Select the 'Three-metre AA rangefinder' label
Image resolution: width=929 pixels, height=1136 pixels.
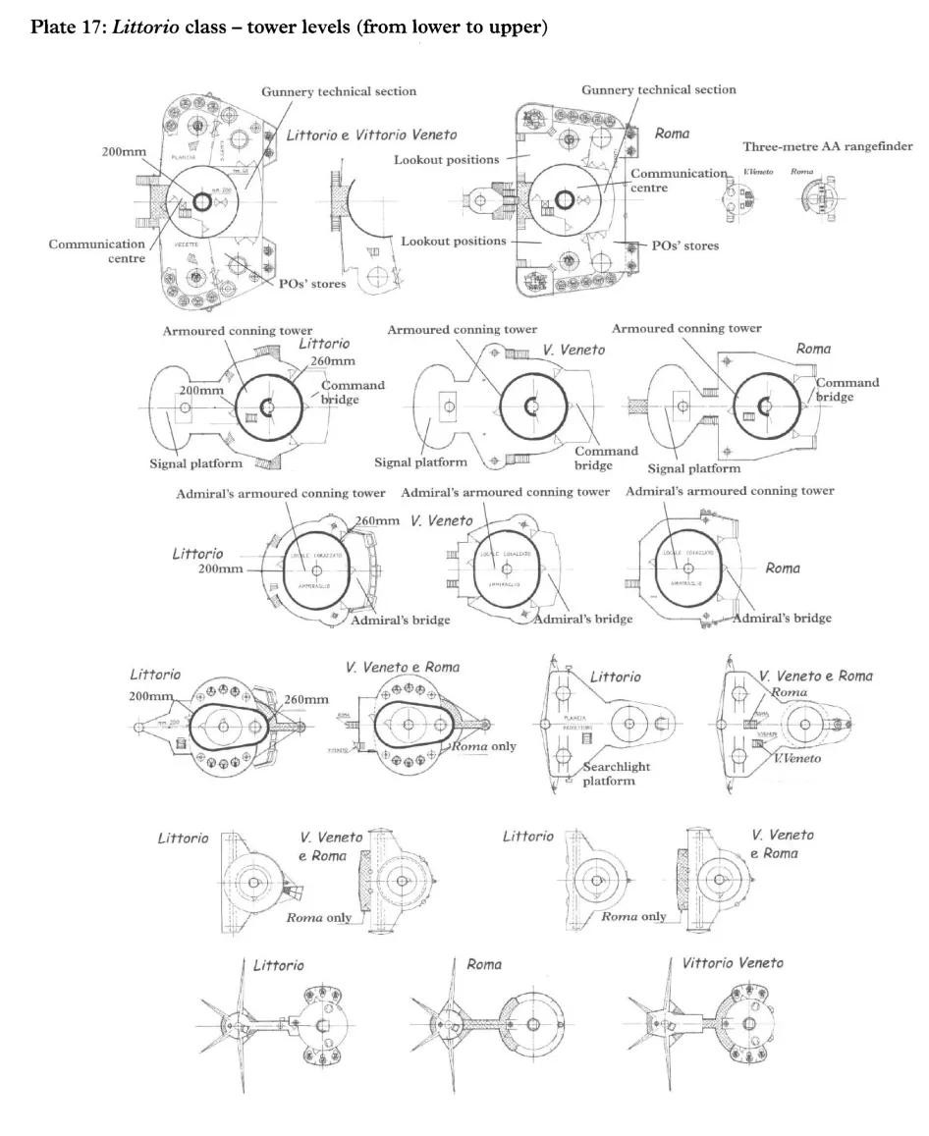click(827, 146)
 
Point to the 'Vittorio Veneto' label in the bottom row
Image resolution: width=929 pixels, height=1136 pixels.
click(733, 963)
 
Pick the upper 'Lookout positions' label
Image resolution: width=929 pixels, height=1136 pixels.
click(447, 159)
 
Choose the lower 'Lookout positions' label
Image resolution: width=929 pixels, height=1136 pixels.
click(454, 241)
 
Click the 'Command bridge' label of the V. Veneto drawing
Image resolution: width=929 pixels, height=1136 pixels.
click(592, 458)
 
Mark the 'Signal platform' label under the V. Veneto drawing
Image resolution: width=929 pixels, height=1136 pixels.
click(419, 461)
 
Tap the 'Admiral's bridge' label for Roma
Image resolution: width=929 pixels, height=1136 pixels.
click(783, 618)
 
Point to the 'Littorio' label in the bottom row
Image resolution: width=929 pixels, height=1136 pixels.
click(278, 965)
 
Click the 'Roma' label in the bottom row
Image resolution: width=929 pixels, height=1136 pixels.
click(483, 964)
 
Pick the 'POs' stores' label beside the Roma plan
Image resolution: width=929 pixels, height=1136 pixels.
click(685, 244)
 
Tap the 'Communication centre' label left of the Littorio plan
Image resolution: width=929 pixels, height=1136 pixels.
click(97, 251)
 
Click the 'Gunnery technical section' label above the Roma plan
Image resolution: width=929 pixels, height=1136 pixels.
click(658, 89)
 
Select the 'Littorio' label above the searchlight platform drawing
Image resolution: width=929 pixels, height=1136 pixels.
click(615, 676)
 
